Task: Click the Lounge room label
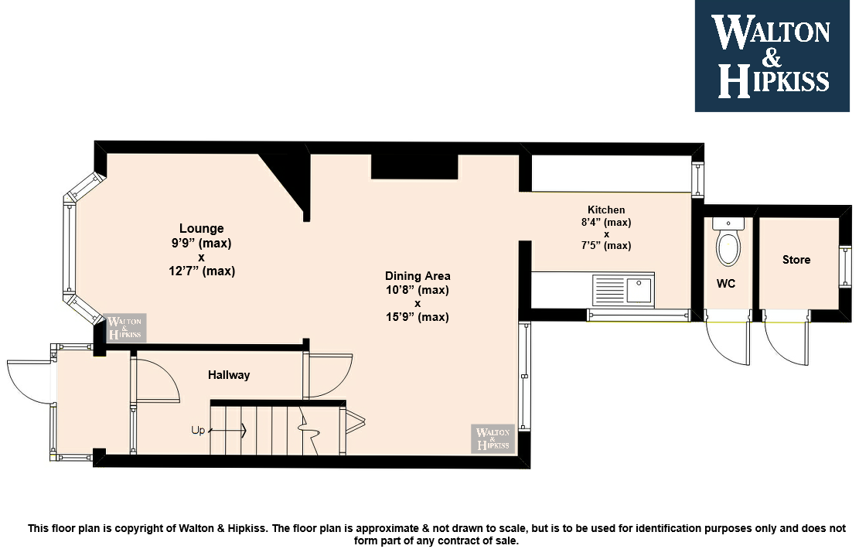coord(202,228)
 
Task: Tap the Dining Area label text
coord(418,276)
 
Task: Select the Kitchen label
coord(606,210)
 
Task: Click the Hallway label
coord(228,375)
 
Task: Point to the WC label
coord(726,284)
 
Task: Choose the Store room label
coord(796,260)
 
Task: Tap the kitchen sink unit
coord(623,290)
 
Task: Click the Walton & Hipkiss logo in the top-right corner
coord(772,56)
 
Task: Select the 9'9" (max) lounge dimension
coord(201,243)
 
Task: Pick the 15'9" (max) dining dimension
coord(418,317)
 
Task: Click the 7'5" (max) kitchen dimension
coord(606,245)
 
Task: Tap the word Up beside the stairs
coord(198,431)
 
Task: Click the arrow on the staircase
coord(228,431)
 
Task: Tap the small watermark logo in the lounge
coord(125,328)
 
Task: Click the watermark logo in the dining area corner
coord(493,438)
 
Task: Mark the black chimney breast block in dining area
coord(414,166)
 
